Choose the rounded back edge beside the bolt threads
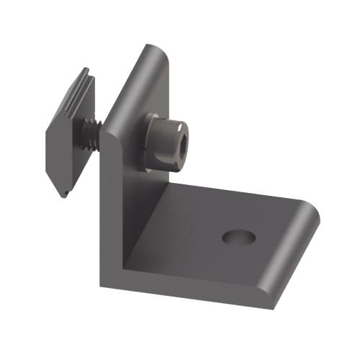click(108, 130)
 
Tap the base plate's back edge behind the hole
click(245, 194)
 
